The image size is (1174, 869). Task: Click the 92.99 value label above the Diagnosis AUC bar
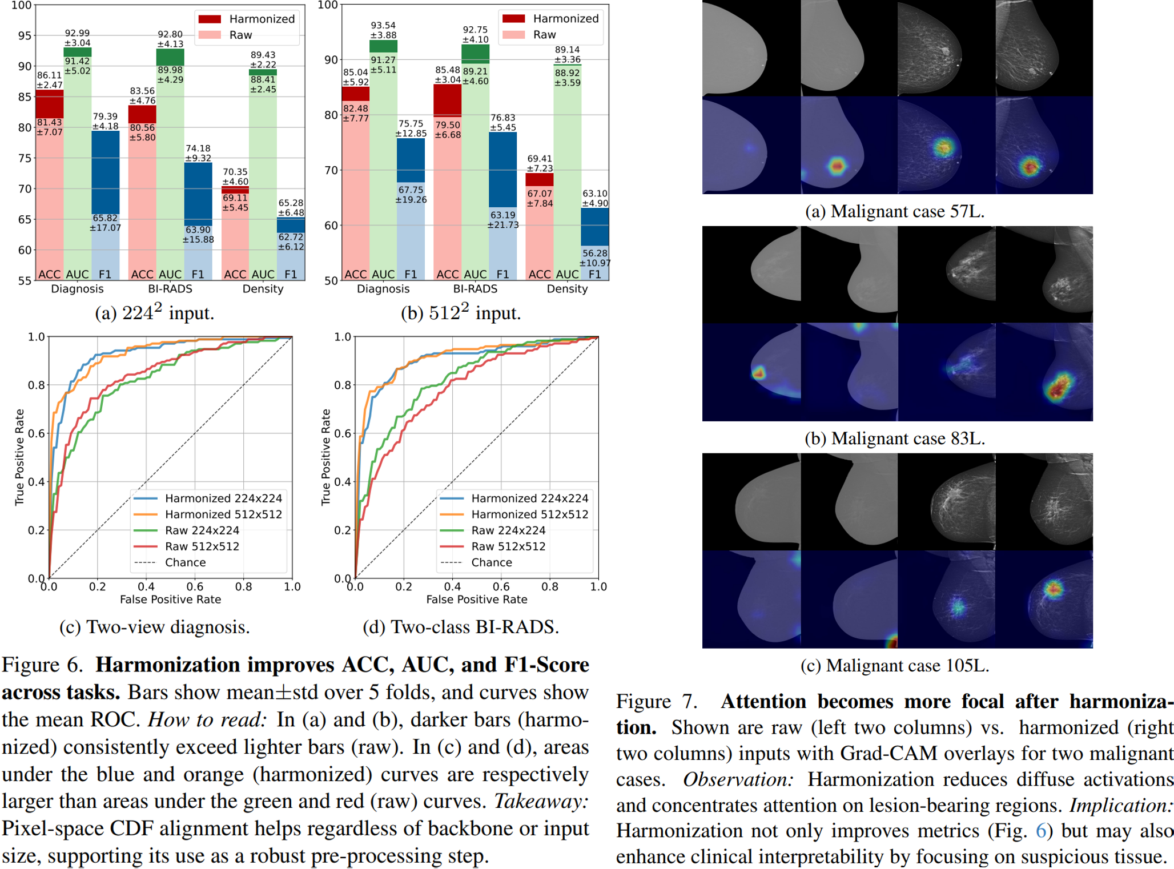77,34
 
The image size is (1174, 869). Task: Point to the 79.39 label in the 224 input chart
105,116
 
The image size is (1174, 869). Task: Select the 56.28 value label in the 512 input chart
594,253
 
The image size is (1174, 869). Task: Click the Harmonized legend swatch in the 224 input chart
210,19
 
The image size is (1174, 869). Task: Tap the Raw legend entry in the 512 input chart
544,35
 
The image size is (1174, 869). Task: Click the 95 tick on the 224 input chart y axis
25,36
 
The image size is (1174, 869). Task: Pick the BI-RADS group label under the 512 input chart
475,289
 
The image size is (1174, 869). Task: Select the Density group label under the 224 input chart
263,289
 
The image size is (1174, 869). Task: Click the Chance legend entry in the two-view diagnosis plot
185,562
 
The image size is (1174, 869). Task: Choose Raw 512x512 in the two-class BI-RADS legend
508,546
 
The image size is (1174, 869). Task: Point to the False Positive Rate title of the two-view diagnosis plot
170,600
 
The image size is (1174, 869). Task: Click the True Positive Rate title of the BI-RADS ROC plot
326,457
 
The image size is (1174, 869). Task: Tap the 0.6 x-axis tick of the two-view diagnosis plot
195,587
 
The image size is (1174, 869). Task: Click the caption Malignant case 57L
895,212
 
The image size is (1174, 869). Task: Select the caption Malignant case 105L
895,666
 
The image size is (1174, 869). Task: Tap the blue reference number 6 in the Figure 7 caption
1040,831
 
